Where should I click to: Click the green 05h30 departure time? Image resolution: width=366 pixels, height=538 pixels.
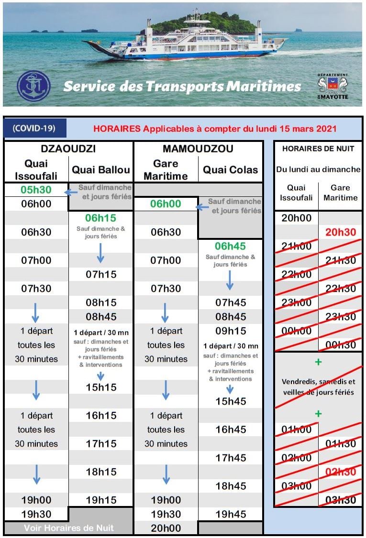(36, 190)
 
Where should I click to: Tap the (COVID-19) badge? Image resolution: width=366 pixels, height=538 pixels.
(34, 128)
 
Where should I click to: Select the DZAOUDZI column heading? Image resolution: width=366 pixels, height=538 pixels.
(68, 149)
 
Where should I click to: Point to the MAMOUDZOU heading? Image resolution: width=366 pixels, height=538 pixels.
(198, 149)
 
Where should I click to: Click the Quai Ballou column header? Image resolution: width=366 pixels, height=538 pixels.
(100, 170)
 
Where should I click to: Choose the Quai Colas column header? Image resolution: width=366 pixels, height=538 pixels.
(230, 170)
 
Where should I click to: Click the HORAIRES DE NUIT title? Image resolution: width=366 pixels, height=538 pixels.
(318, 149)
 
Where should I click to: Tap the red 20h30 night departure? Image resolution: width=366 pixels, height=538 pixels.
(341, 232)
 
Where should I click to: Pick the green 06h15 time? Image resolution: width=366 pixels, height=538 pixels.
(100, 218)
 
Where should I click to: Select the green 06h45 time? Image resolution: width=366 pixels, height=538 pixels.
(230, 247)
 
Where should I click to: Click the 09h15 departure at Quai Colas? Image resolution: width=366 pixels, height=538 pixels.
(230, 331)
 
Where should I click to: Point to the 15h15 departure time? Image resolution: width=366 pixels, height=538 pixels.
(100, 387)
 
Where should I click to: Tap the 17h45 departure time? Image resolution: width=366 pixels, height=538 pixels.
(230, 458)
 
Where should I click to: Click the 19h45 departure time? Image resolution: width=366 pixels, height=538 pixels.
(230, 514)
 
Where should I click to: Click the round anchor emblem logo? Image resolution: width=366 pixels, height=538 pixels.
(33, 86)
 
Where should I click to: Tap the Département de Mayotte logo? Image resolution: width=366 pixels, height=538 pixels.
(333, 86)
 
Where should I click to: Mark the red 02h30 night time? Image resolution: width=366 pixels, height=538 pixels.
(341, 472)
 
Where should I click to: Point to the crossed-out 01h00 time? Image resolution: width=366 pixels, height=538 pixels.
(296, 429)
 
